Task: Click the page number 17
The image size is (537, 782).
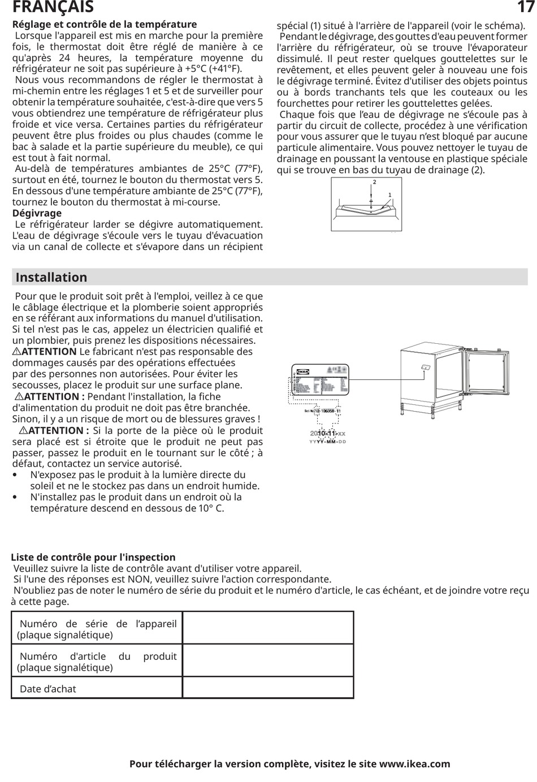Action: pos(525,7)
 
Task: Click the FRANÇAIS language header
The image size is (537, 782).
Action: pos(53,7)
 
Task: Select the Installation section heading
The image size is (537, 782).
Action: pos(51,277)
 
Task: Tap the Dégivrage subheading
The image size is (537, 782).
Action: pos(37,213)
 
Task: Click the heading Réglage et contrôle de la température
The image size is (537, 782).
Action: pos(105,24)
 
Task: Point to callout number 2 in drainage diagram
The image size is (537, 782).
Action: pos(374,182)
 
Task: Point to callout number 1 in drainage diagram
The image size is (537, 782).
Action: pos(389,195)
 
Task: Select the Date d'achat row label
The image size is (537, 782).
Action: pos(47,689)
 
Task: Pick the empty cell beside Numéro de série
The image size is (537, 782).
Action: pos(268,628)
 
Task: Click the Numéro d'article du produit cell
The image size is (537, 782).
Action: pos(97,662)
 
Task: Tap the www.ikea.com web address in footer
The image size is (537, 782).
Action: pos(414,764)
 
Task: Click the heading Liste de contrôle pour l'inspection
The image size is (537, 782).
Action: pos(93,557)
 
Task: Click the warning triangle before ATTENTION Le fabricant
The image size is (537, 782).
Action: pos(16,352)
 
